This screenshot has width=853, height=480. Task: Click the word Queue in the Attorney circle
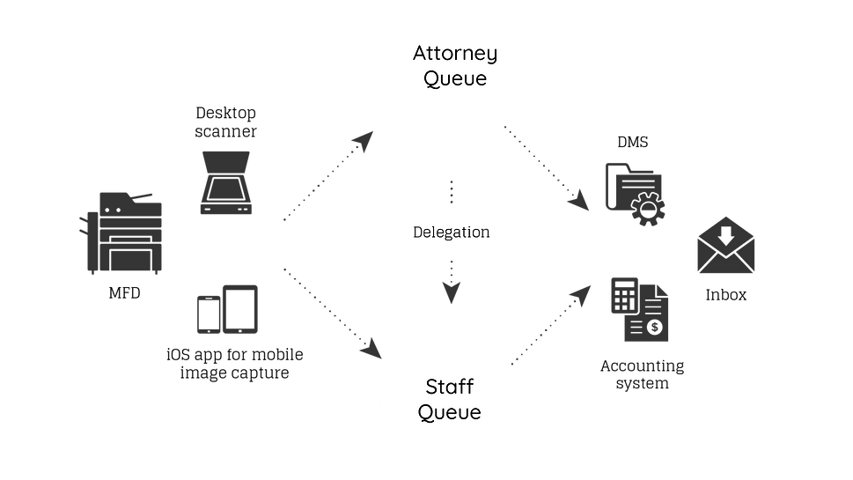pyautogui.click(x=455, y=79)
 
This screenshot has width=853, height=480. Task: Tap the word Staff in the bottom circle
pyautogui.click(x=450, y=388)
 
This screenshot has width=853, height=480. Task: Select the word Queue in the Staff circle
pyautogui.click(x=450, y=412)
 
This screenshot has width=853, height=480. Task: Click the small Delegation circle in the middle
pyautogui.click(x=451, y=234)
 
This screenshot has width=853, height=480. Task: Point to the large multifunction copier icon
pyautogui.click(x=124, y=233)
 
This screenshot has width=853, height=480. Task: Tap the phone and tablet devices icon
pyautogui.click(x=227, y=308)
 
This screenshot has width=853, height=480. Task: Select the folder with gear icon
pyautogui.click(x=634, y=190)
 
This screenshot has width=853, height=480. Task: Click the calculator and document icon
pyautogui.click(x=639, y=308)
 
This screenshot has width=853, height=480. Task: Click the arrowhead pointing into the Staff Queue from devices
pyautogui.click(x=372, y=350)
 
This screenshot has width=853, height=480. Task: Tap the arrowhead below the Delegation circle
pyautogui.click(x=452, y=293)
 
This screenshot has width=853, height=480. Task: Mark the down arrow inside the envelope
pyautogui.click(x=726, y=236)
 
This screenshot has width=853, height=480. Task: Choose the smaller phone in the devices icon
pyautogui.click(x=209, y=315)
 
